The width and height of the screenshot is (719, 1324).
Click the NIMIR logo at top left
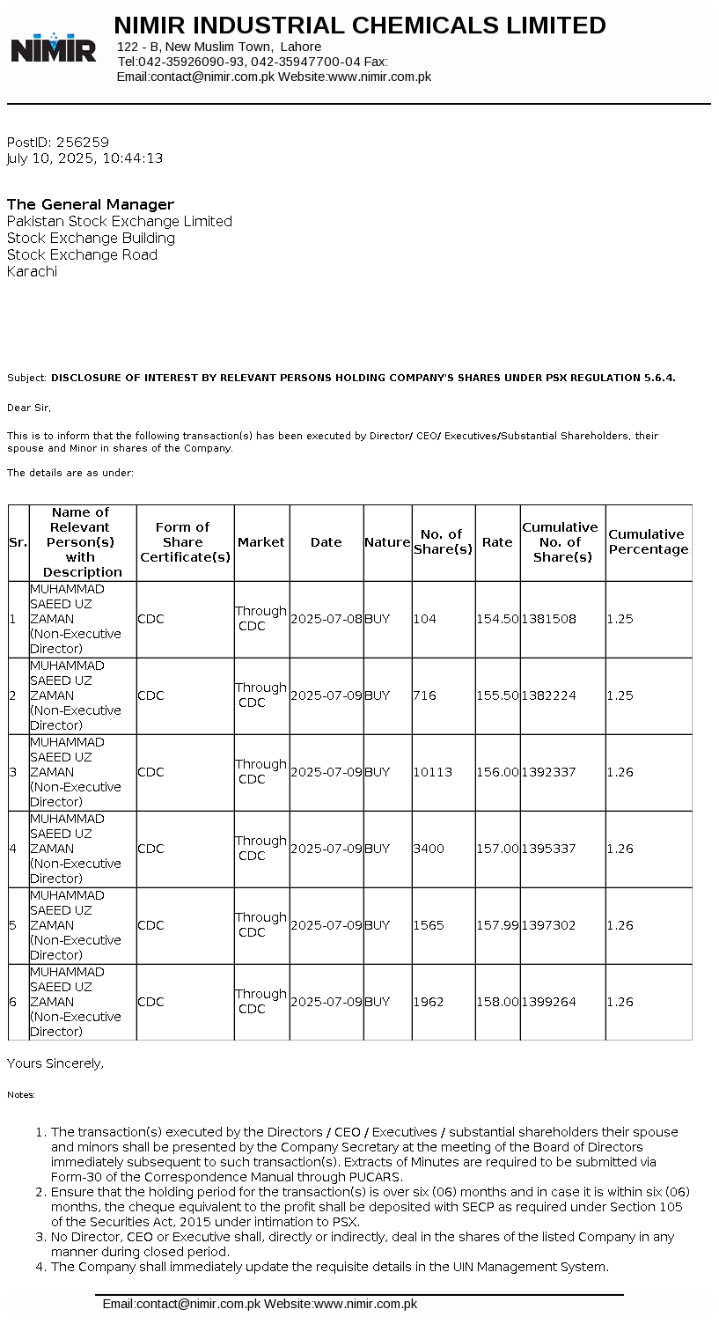(x=54, y=48)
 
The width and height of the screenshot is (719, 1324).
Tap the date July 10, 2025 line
(x=84, y=158)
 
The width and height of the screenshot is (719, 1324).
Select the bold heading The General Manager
(x=91, y=204)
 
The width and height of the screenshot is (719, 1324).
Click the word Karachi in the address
(x=32, y=271)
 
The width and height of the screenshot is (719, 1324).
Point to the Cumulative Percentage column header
(x=649, y=542)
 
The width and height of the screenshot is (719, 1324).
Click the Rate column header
(x=497, y=542)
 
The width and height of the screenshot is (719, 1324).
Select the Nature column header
(x=387, y=542)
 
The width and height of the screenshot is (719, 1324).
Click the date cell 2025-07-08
(x=326, y=619)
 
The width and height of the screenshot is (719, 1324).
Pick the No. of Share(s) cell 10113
(x=432, y=772)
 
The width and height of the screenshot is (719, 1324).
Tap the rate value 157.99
(x=497, y=925)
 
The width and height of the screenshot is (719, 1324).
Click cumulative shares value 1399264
(x=549, y=1002)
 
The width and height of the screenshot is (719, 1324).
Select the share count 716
(x=425, y=695)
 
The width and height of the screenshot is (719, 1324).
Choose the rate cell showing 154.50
(x=497, y=619)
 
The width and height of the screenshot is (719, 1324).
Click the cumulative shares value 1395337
(x=549, y=849)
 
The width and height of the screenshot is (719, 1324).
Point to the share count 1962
(x=429, y=1002)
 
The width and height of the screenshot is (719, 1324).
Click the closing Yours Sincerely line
(x=55, y=1063)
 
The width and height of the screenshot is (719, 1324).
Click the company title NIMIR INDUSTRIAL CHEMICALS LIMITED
(x=360, y=26)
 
